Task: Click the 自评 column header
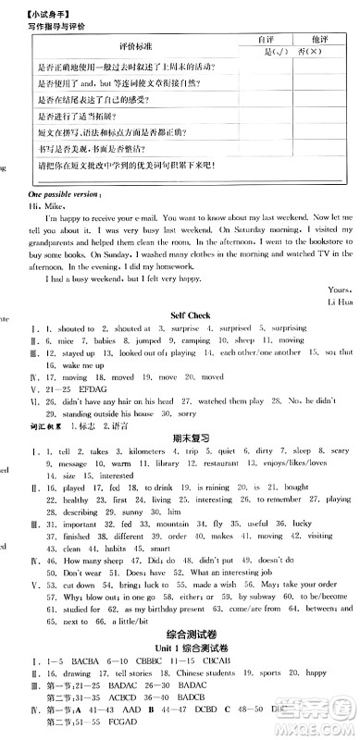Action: click(264, 41)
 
